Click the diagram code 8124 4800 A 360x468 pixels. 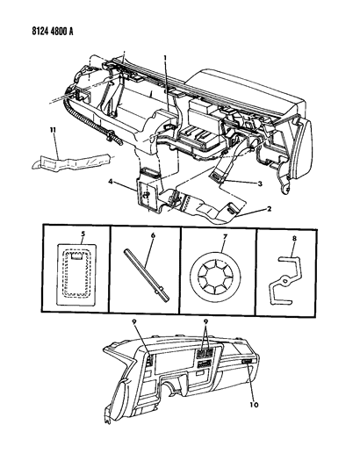click(x=52, y=31)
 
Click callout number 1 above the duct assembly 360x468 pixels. click(x=165, y=57)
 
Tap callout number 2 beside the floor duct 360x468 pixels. click(x=270, y=209)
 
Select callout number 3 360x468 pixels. click(x=260, y=184)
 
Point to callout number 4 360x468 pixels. click(x=111, y=181)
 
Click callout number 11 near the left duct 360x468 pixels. click(x=54, y=131)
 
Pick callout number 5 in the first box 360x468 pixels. click(x=83, y=234)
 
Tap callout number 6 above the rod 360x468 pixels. click(x=153, y=235)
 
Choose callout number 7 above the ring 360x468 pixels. click(x=225, y=237)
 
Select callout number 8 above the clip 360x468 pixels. click(x=294, y=239)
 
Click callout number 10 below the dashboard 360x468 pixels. click(x=255, y=405)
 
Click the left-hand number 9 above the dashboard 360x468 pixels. click(x=134, y=321)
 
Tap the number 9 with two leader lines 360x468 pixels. click(x=205, y=321)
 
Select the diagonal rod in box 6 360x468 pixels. click(x=147, y=275)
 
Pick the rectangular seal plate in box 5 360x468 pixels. click(x=76, y=275)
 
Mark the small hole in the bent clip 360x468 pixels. click(x=285, y=281)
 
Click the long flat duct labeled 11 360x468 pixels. click(x=72, y=162)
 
